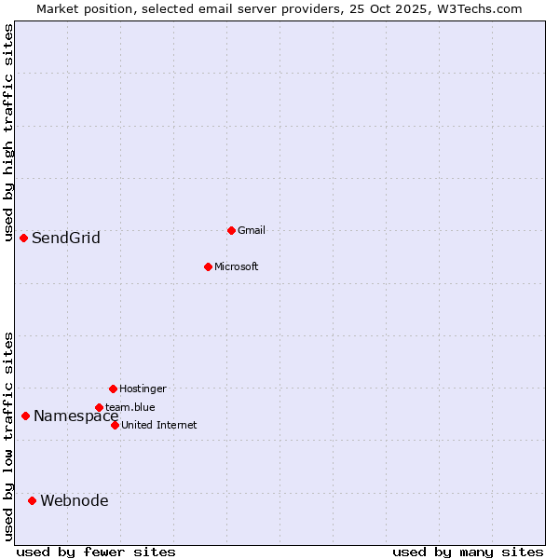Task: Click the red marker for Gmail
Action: tap(231, 230)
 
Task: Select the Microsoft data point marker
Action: tap(208, 266)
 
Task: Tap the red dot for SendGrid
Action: tap(23, 238)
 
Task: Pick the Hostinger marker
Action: tap(113, 389)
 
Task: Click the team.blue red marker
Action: tap(99, 407)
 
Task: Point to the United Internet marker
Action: tap(115, 425)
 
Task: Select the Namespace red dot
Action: tap(25, 416)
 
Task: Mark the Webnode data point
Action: tap(32, 500)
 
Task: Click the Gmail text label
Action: tap(252, 230)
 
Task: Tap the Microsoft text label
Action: tap(236, 266)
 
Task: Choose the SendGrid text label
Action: tap(66, 239)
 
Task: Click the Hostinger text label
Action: tap(143, 389)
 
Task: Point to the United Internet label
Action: tap(158, 425)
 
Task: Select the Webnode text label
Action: tap(75, 501)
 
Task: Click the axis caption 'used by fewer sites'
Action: tap(96, 552)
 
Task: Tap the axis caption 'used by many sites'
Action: tap(468, 552)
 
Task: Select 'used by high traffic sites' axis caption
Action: tap(8, 132)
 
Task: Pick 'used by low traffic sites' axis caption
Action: tap(8, 436)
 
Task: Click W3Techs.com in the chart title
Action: tap(472, 8)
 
